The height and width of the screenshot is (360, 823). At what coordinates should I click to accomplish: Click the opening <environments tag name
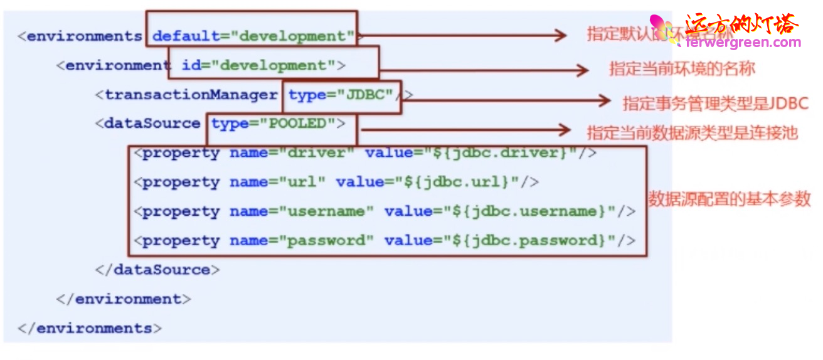click(x=80, y=36)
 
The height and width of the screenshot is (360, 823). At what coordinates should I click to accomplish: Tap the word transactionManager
click(x=191, y=95)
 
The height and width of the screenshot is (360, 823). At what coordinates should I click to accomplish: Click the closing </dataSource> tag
click(x=157, y=270)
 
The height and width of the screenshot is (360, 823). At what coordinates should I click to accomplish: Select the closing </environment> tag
click(x=124, y=299)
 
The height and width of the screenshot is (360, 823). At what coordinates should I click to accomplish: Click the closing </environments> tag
click(x=90, y=328)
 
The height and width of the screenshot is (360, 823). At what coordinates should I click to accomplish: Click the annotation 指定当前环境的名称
click(x=681, y=68)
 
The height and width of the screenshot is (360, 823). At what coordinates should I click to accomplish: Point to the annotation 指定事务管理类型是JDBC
click(x=715, y=103)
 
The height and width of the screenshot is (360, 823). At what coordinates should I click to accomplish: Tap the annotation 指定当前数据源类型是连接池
click(x=692, y=132)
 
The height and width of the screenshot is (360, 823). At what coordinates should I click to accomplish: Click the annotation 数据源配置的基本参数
click(x=729, y=199)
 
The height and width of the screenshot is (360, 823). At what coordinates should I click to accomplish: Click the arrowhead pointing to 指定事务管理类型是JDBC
click(x=605, y=100)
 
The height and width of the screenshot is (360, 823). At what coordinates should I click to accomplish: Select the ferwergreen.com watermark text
click(x=743, y=43)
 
